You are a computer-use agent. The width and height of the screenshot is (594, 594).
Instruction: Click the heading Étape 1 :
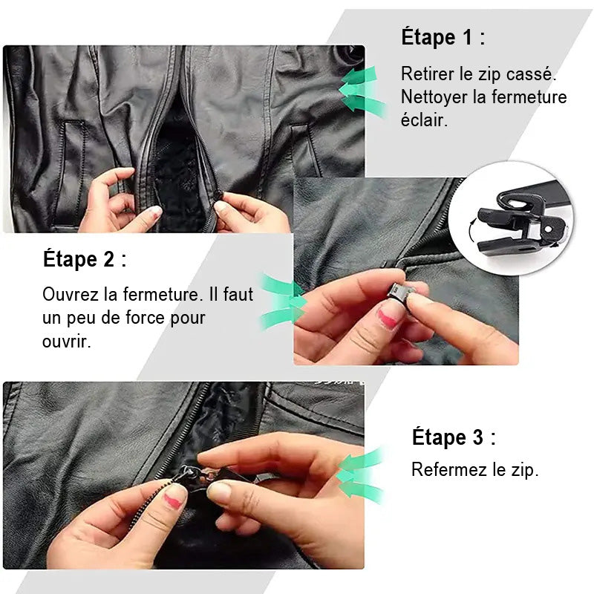[x=443, y=36]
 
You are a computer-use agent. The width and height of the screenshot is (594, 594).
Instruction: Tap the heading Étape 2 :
[x=85, y=259]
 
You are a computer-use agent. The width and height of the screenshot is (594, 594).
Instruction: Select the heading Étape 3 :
[x=454, y=437]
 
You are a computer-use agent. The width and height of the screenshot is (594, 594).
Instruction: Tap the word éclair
[x=424, y=120]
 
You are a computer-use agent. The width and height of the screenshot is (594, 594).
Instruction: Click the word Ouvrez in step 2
[x=70, y=294]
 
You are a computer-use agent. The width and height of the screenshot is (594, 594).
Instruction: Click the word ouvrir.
[x=66, y=342]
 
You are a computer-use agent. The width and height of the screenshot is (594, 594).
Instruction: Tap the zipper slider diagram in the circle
[x=523, y=218]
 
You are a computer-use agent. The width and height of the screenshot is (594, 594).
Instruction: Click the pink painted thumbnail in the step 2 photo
[x=388, y=318]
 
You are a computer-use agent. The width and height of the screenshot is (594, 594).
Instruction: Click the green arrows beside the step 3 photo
[x=361, y=475]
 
